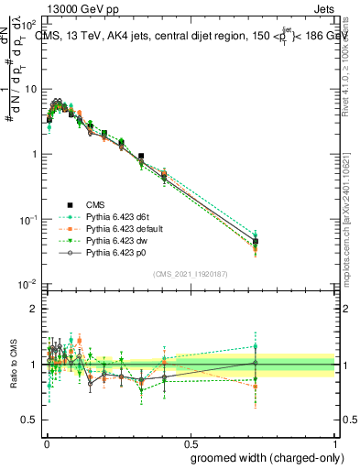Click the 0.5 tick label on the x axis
coord(191,442)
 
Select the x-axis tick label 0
coord(45,442)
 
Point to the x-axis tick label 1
coord(335,442)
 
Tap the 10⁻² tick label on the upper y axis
coord(28,285)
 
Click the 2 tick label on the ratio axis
coord(34,309)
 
